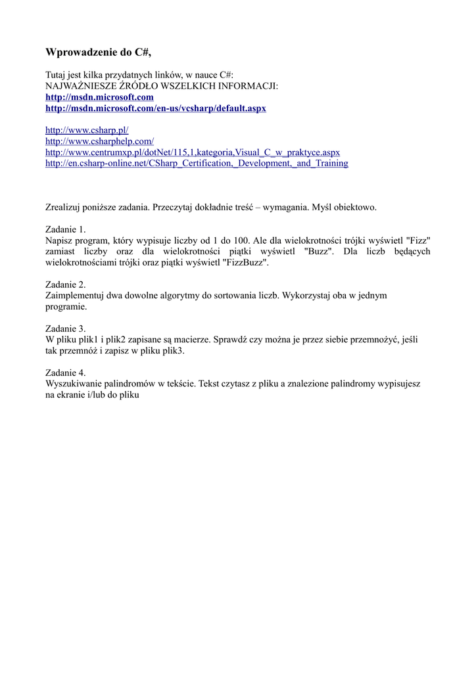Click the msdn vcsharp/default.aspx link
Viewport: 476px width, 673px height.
155,108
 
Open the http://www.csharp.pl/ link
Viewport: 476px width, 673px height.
87,130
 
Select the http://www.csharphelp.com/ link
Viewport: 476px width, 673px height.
99,141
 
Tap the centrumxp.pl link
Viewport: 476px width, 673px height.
192,152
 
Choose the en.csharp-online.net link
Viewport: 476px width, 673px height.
197,163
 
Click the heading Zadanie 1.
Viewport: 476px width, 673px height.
65,229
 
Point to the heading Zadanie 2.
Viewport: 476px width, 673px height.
65,285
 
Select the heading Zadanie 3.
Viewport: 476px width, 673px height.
65,329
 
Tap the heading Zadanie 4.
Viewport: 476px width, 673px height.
65,372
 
